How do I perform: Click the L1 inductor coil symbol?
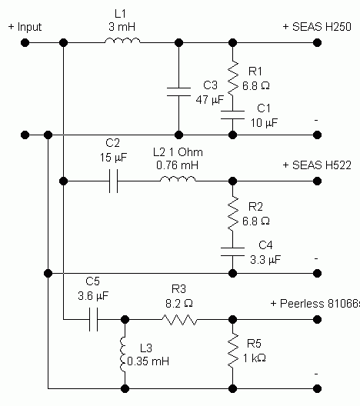click(x=122, y=41)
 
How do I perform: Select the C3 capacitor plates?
click(x=178, y=92)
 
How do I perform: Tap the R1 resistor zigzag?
click(x=233, y=77)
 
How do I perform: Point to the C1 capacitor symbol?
click(x=233, y=115)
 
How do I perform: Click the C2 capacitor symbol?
click(x=113, y=181)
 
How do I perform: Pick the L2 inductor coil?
click(x=178, y=179)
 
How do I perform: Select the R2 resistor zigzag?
click(x=233, y=213)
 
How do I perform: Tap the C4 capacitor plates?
click(x=233, y=251)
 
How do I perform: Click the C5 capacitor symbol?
click(x=94, y=320)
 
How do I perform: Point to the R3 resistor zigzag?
click(x=179, y=320)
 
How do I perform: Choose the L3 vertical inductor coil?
click(x=123, y=354)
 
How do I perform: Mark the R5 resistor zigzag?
click(x=233, y=351)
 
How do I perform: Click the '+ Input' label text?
click(x=25, y=27)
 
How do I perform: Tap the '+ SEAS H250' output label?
click(x=317, y=27)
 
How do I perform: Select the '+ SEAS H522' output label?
click(x=317, y=165)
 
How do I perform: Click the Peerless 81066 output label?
click(x=315, y=304)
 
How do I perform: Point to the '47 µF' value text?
click(x=210, y=99)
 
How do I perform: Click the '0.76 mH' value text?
click(x=178, y=165)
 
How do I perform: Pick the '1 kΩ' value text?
click(x=255, y=358)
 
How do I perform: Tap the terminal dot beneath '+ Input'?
click(x=25, y=43)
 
